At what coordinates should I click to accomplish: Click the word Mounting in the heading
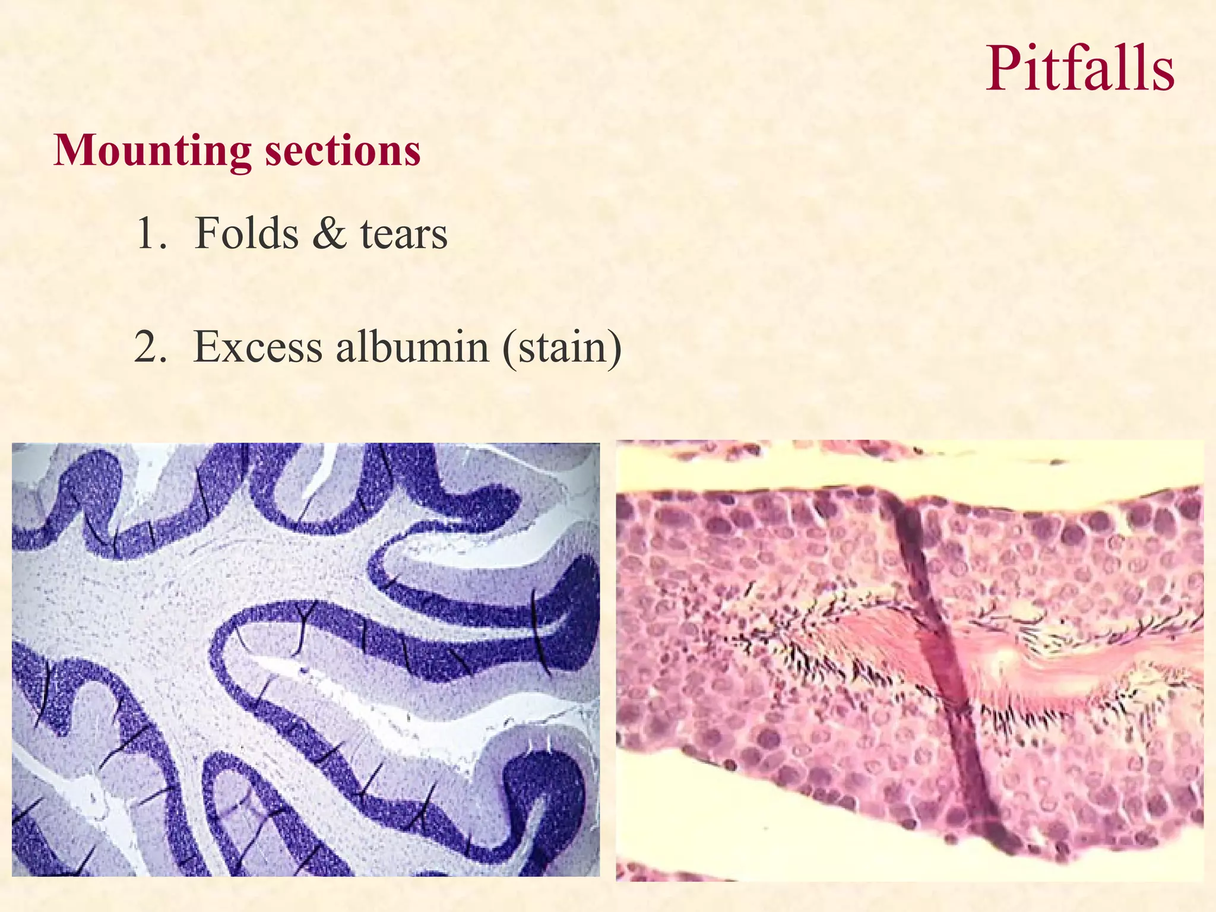(153, 151)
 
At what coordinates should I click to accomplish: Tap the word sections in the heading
(343, 151)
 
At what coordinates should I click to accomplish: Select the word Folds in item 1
(246, 233)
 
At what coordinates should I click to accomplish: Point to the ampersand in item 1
(329, 233)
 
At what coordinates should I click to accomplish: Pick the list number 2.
(149, 347)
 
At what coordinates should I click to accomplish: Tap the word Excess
(258, 347)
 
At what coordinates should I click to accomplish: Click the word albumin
(412, 347)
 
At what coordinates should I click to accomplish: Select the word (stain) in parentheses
(562, 347)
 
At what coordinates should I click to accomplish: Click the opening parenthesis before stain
(509, 348)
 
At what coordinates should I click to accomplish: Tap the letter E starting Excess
(207, 347)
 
